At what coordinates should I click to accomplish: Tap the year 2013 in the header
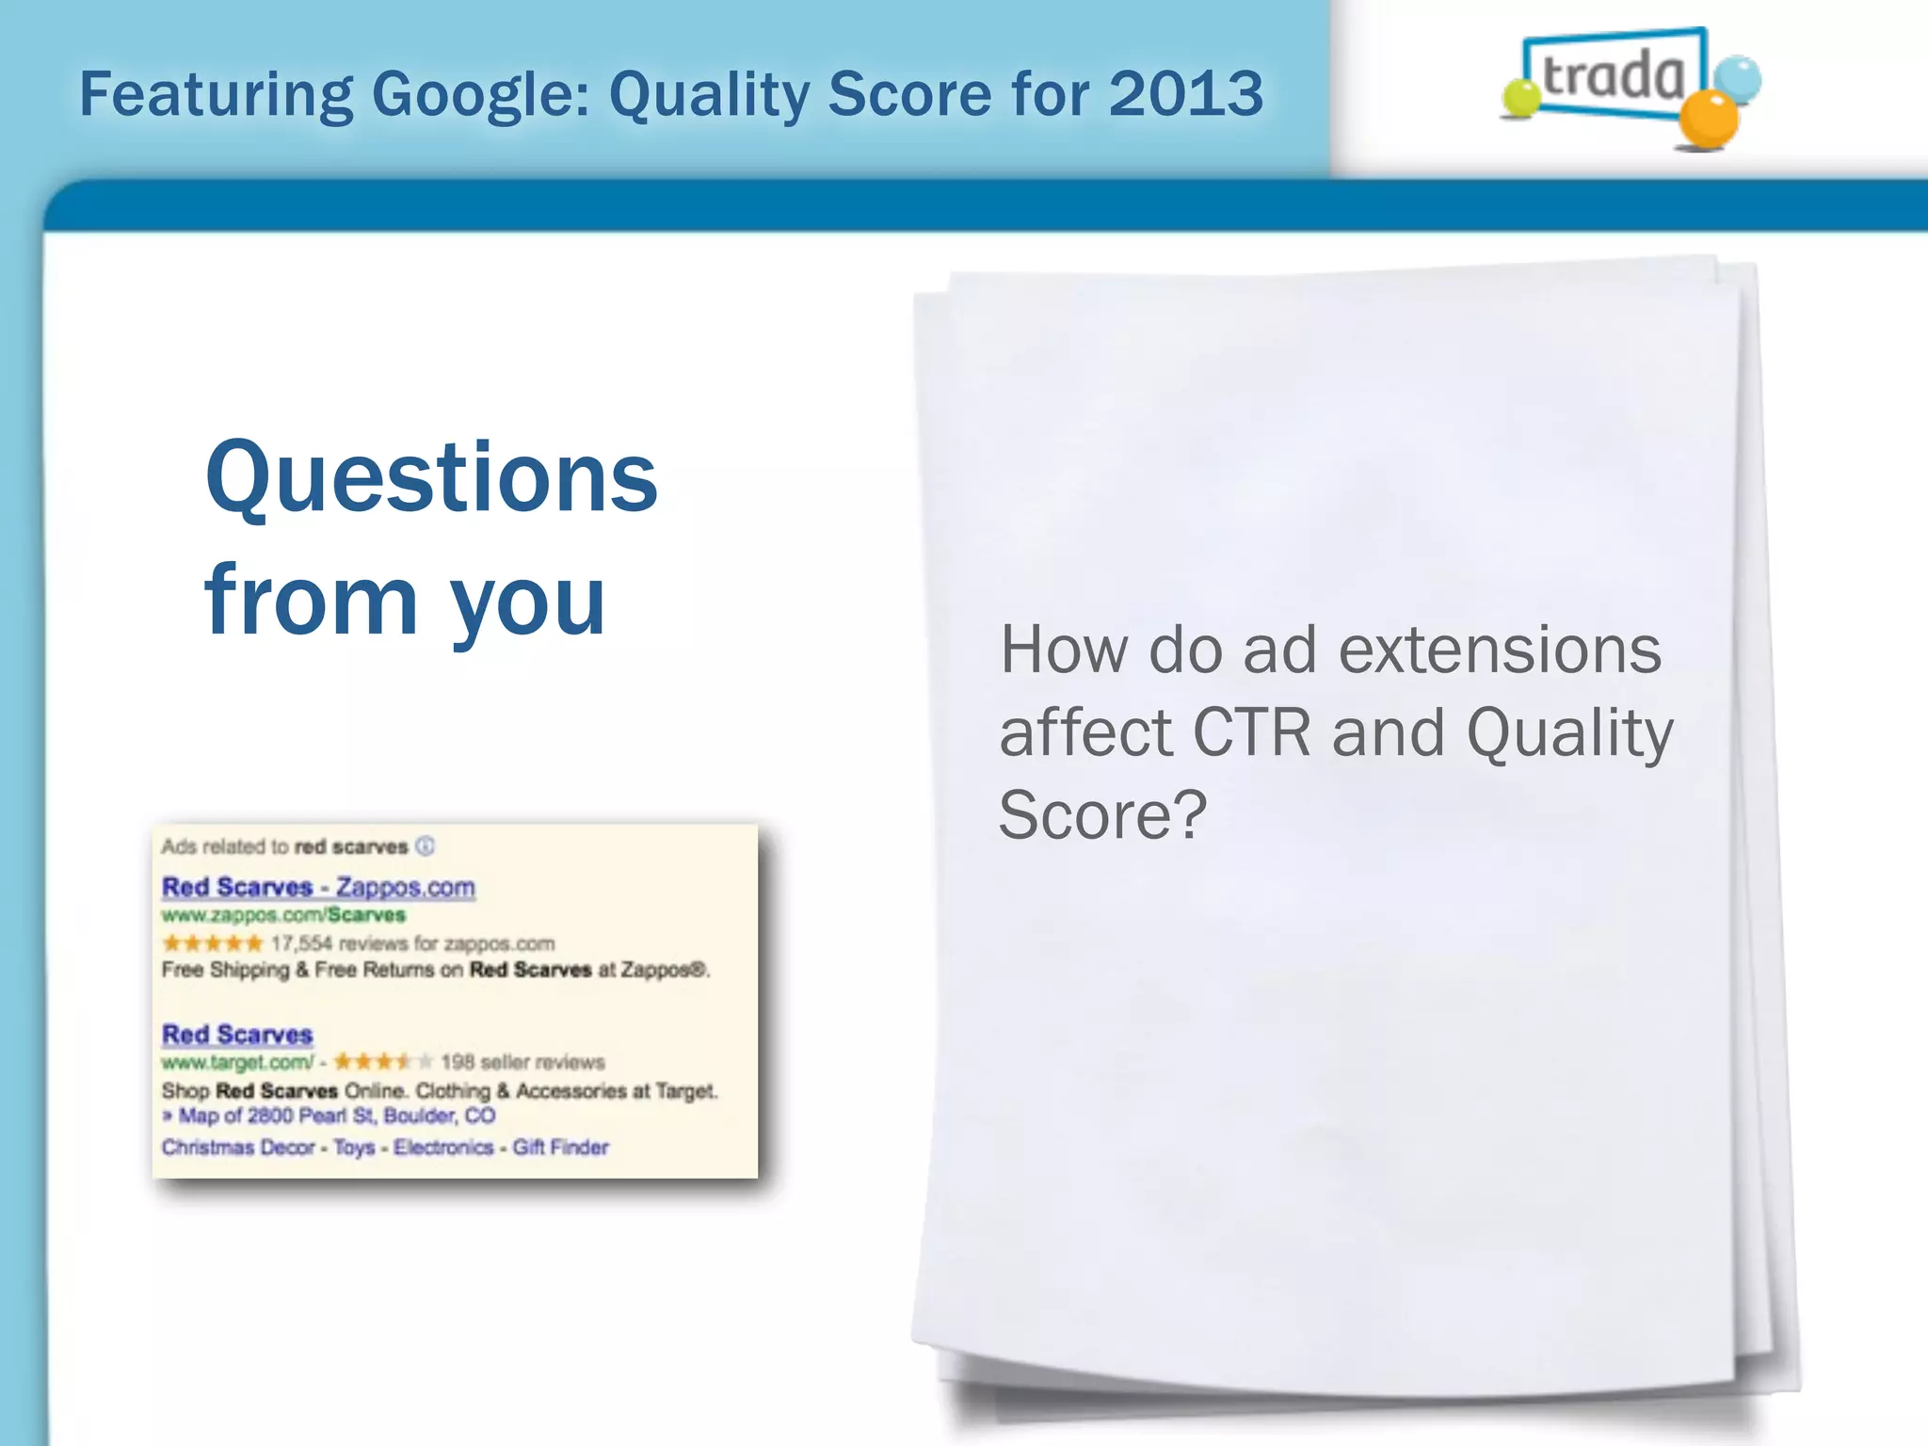click(x=1185, y=94)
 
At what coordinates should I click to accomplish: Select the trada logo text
click(x=1614, y=75)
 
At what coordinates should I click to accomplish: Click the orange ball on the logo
click(x=1709, y=120)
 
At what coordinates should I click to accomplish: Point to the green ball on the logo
click(x=1519, y=98)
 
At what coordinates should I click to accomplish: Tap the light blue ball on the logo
click(x=1737, y=79)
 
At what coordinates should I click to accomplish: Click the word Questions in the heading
click(x=431, y=478)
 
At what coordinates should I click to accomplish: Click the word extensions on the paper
click(x=1500, y=651)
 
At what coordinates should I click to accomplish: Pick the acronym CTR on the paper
click(x=1251, y=733)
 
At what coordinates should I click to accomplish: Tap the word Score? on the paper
click(x=1102, y=815)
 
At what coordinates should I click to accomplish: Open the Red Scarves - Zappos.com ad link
click(x=318, y=887)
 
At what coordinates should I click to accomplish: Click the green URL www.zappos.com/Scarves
click(x=282, y=915)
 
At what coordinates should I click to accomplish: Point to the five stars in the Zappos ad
click(x=212, y=943)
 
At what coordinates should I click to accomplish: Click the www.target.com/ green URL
click(x=237, y=1063)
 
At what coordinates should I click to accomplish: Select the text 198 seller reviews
click(x=522, y=1063)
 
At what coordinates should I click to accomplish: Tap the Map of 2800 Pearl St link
click(x=336, y=1117)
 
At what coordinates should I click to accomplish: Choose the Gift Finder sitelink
click(x=560, y=1148)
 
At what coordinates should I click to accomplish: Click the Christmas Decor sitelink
click(x=238, y=1148)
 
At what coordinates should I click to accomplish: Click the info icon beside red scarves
click(x=426, y=845)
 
